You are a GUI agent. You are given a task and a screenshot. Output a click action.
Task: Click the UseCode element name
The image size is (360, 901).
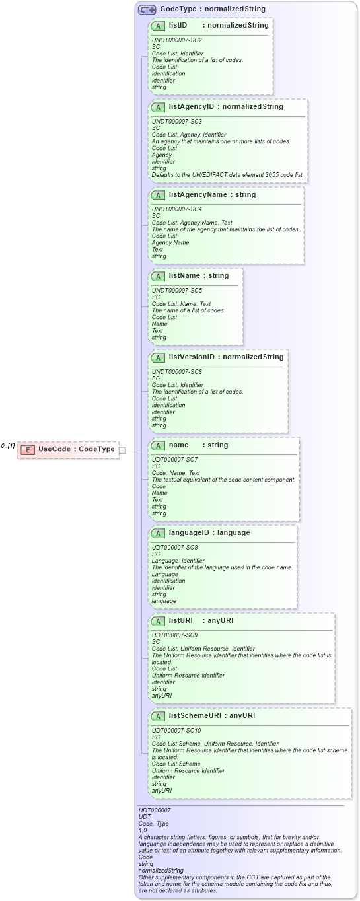[x=54, y=449]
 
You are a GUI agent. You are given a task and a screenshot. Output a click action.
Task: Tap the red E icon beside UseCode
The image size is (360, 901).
[x=28, y=450]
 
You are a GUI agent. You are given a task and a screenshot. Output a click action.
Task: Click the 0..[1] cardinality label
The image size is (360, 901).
[x=8, y=447]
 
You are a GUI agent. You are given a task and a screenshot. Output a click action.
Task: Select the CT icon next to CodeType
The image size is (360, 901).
[x=147, y=9]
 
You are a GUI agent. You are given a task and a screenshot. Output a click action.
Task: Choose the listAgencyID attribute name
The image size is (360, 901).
[x=192, y=106]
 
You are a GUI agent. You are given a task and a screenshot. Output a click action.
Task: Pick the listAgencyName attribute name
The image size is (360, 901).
[x=198, y=194]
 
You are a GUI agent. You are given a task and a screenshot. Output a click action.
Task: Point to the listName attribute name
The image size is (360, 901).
[x=184, y=275]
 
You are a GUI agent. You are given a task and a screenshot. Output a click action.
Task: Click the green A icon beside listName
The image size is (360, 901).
[x=158, y=276]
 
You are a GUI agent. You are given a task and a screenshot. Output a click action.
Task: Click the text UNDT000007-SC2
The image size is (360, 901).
[x=176, y=40]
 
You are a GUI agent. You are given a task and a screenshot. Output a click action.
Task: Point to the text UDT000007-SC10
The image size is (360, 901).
[x=176, y=730]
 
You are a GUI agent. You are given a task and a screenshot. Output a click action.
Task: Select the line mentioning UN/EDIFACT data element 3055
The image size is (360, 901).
[x=227, y=175]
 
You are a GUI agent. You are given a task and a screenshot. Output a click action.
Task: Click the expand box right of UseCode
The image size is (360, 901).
[x=122, y=450]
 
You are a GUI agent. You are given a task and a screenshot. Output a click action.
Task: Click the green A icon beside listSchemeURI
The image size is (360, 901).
[x=158, y=716]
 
